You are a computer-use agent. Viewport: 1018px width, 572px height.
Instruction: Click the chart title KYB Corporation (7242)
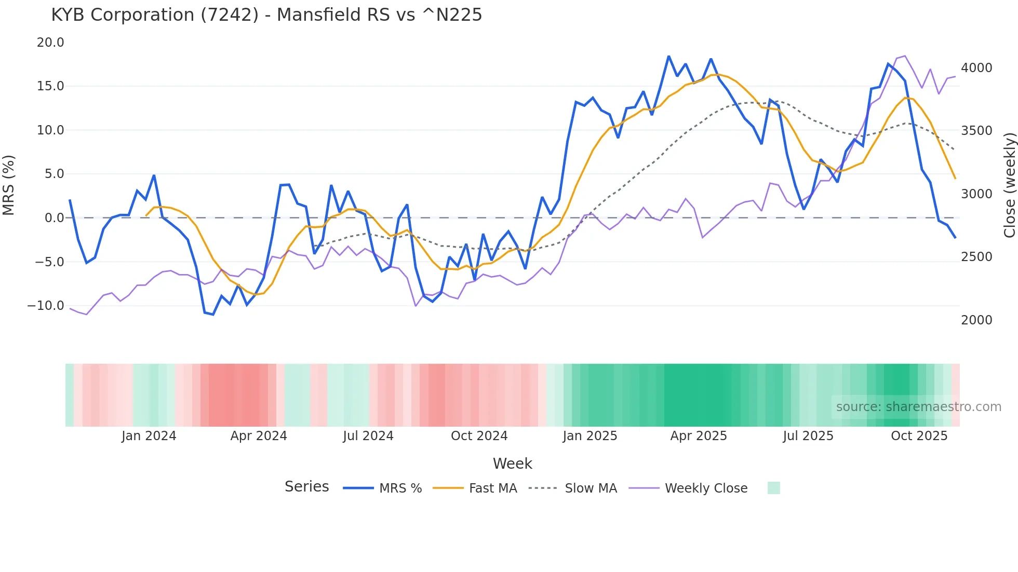[266, 15]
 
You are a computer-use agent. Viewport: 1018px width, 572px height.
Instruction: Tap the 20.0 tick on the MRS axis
[50, 43]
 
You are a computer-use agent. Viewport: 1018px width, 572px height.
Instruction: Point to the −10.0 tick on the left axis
[46, 306]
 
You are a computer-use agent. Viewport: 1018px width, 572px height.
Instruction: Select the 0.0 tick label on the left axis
[54, 218]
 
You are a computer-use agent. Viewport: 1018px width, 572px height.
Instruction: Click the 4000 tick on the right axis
[976, 68]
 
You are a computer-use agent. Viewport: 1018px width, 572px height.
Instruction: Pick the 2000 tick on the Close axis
[976, 320]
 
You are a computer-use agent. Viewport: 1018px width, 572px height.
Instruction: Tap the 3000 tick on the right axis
[976, 194]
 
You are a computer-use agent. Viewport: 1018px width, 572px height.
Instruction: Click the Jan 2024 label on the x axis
[149, 436]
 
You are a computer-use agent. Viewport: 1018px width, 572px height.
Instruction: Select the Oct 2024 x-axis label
[479, 436]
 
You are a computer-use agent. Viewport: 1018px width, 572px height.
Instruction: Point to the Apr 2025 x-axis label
[699, 436]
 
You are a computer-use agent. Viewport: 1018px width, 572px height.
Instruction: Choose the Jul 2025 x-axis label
[808, 436]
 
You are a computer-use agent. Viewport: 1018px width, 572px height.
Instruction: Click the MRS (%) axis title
[9, 185]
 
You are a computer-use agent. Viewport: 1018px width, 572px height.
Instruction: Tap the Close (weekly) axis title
[1009, 185]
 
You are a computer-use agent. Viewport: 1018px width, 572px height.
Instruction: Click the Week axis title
[512, 464]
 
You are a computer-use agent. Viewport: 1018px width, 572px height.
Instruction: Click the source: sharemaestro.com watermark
[918, 407]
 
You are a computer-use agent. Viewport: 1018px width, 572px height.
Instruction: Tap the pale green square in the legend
[774, 488]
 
